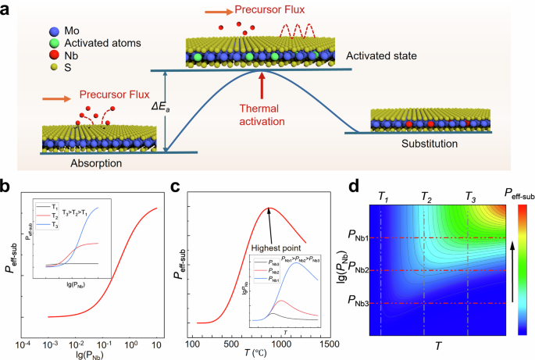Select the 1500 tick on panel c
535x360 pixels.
coord(327,344)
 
